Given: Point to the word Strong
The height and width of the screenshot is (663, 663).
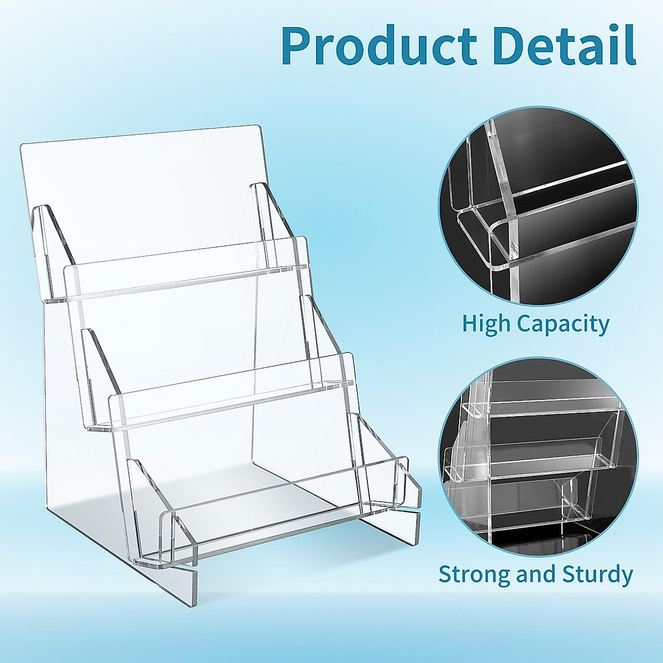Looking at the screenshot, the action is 474,575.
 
